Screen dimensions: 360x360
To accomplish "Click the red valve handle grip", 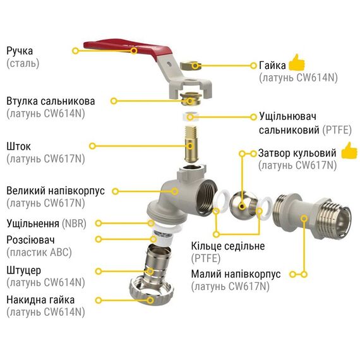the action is [x=129, y=48].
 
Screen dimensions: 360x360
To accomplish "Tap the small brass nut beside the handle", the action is [x=190, y=66].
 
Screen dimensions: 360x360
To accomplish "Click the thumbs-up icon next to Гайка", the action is [x=297, y=63].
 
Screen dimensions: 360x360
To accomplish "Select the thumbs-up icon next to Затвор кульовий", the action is [x=349, y=150].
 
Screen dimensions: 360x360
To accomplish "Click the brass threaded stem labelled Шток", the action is [x=191, y=143].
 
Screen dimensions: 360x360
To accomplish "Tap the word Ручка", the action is [x=20, y=51].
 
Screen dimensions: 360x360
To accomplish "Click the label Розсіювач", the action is [x=30, y=240].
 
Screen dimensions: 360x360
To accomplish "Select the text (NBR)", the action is [x=74, y=224].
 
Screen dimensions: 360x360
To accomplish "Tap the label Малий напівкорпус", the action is [x=236, y=274].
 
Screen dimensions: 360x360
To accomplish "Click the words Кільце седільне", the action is [x=228, y=246].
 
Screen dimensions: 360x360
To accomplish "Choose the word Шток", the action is [x=18, y=147].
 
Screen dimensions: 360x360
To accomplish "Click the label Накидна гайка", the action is [x=40, y=300].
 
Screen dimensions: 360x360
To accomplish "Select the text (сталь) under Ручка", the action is [x=23, y=63].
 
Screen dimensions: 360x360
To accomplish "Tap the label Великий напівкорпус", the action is [x=56, y=191].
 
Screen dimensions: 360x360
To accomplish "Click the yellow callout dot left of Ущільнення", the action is [x=99, y=223].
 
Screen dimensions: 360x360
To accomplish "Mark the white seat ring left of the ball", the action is [x=222, y=201].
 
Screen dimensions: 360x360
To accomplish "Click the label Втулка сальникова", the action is [x=51, y=101].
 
